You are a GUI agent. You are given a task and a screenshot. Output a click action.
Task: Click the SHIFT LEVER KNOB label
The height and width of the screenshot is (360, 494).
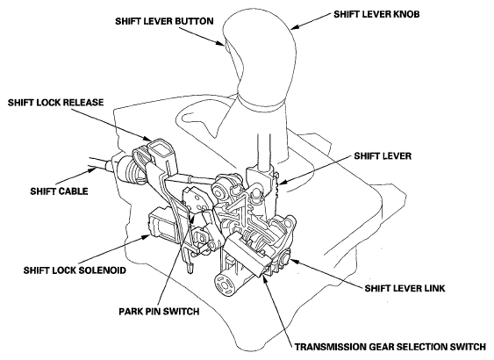click(x=376, y=15)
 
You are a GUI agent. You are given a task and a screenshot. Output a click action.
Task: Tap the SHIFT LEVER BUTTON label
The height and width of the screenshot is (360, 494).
click(x=164, y=21)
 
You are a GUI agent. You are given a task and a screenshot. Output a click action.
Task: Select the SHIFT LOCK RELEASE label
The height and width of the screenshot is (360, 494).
click(x=56, y=103)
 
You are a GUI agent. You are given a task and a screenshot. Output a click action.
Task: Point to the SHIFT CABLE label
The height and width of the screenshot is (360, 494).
click(x=59, y=191)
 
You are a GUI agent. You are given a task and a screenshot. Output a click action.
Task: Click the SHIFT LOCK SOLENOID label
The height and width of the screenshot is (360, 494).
click(x=75, y=270)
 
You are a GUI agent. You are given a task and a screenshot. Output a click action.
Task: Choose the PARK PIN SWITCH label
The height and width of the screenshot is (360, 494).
click(x=159, y=312)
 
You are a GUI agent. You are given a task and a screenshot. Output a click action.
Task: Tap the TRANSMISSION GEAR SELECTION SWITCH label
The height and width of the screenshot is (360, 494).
click(x=390, y=347)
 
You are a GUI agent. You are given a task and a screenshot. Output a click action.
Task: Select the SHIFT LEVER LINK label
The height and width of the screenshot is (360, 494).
click(x=405, y=288)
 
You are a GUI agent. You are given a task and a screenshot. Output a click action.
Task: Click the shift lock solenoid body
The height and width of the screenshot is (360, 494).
click(x=162, y=226)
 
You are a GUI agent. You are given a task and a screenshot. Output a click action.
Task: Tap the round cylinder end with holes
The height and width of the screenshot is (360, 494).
click(x=225, y=285)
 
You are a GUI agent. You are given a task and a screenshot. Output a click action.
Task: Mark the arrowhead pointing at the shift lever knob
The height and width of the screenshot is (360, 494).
click(x=295, y=27)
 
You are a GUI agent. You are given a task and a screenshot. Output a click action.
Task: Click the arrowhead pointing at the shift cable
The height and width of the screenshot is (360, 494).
click(x=93, y=170)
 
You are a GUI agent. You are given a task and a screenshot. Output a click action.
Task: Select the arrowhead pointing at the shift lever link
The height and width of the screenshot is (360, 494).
click(x=294, y=261)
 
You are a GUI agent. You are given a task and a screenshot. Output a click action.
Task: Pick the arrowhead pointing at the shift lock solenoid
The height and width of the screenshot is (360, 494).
click(x=146, y=236)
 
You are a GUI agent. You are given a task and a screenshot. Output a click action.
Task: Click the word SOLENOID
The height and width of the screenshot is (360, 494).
click(x=102, y=270)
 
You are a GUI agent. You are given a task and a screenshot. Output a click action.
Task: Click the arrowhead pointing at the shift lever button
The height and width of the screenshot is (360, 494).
click(x=220, y=43)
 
